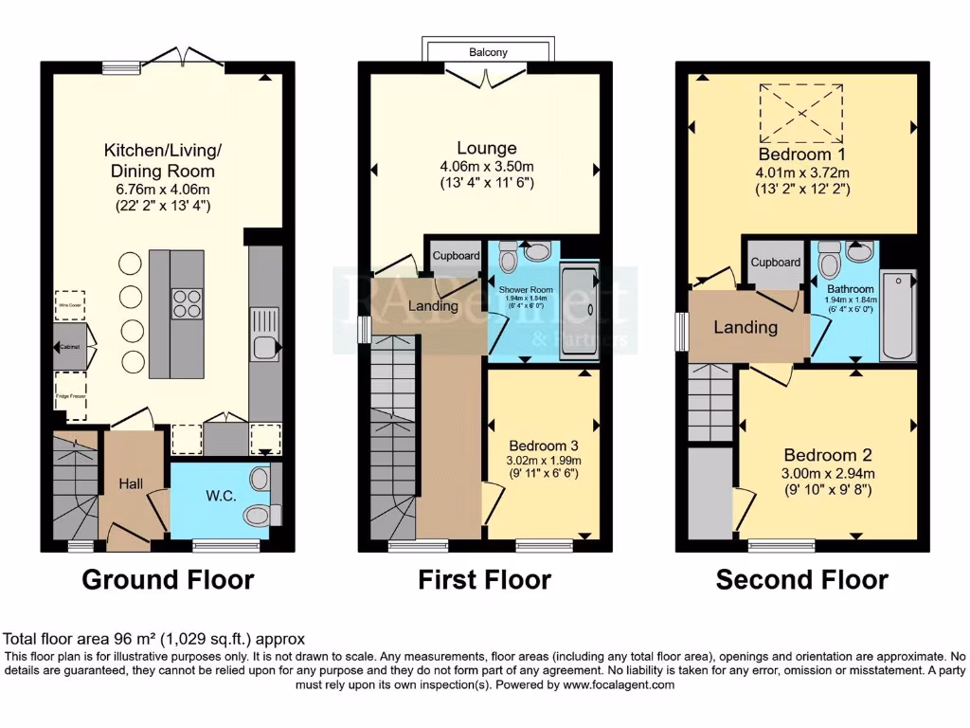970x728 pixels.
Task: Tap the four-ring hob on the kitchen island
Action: (187, 301)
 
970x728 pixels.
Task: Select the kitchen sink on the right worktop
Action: (262, 347)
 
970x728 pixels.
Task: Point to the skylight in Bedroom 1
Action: (801, 114)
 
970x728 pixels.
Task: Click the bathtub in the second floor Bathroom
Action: (898, 316)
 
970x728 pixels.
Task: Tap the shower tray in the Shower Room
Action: (579, 314)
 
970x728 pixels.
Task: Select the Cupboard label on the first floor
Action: (456, 257)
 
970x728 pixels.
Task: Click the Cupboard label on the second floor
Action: (776, 263)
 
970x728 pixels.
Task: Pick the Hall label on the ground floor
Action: (131, 484)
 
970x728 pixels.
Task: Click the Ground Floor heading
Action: (168, 579)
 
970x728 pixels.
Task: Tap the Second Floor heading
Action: (801, 579)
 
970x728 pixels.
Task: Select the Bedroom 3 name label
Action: (544, 446)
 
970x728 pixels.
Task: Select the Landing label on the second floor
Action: (745, 328)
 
